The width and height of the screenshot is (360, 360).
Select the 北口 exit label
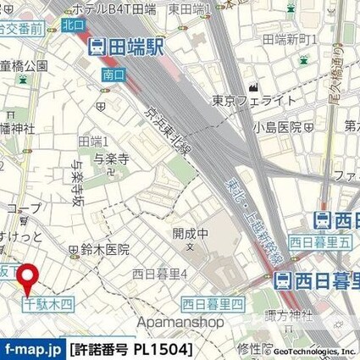(x=73, y=25)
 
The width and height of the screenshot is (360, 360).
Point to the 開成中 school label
(x=189, y=232)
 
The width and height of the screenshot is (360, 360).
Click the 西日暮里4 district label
(x=165, y=273)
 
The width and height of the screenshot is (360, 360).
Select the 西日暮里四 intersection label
(x=213, y=303)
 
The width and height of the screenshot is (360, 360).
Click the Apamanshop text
(x=180, y=322)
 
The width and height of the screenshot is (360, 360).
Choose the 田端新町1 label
(x=290, y=39)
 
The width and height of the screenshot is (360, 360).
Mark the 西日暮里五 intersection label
(x=320, y=241)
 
